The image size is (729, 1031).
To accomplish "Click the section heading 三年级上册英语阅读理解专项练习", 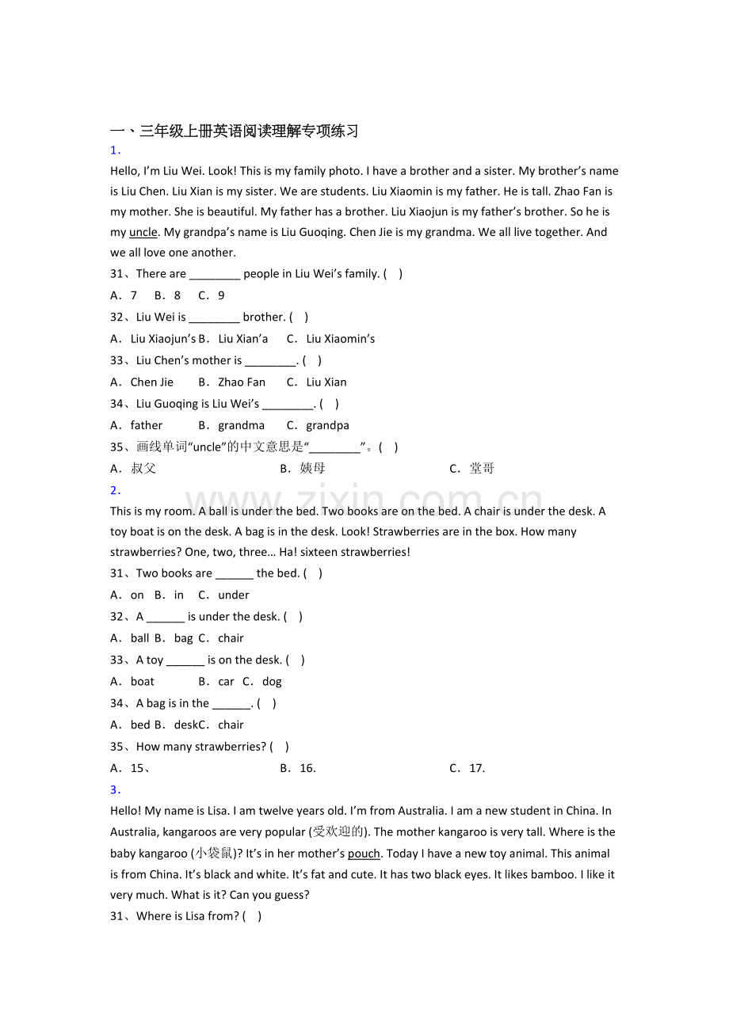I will coord(249,131).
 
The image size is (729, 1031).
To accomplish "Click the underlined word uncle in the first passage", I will coord(143,232).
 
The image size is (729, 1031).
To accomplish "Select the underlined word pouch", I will coord(364,854).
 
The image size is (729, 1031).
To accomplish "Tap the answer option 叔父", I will coord(143,469).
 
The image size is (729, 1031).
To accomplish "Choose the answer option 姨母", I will coord(312,469).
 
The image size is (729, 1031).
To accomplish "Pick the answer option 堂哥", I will coord(482,469).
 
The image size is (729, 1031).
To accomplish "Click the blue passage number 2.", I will coord(114,490).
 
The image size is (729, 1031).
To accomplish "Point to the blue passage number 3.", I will coord(114,789).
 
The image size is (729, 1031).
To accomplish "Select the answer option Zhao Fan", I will coord(242,382).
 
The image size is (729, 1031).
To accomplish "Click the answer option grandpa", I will coord(327,425).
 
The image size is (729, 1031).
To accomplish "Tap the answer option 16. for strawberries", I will coord(307,768).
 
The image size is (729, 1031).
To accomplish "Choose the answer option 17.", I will coord(477,768).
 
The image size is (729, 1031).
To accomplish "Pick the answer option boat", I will coord(143,682).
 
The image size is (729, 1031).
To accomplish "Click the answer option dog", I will coord(272,682).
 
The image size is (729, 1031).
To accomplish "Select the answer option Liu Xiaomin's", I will coord(341,339).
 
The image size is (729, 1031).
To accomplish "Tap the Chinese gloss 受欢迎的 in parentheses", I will coord(338,832).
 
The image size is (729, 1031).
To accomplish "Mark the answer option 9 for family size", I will coord(221,295).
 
